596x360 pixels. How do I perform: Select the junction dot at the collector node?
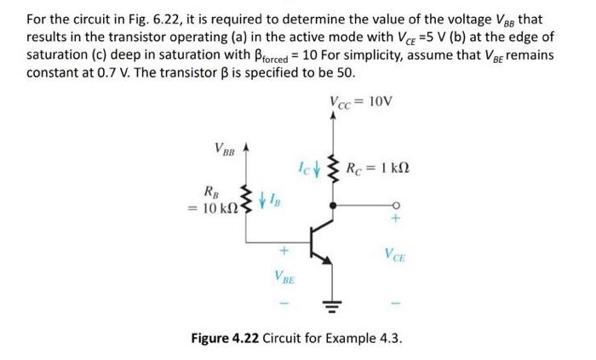332,204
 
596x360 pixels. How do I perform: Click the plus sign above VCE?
396,220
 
